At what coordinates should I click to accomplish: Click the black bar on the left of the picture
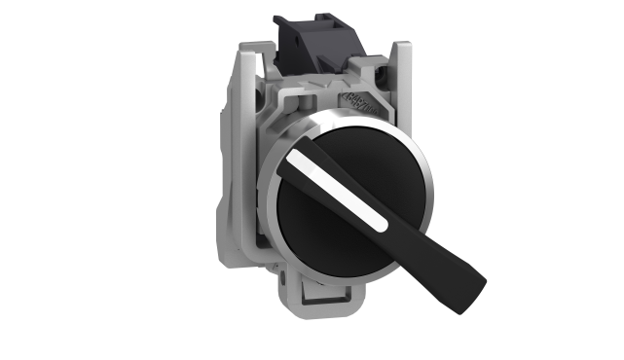tap(65, 180)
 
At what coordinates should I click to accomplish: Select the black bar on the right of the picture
tap(558, 180)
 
